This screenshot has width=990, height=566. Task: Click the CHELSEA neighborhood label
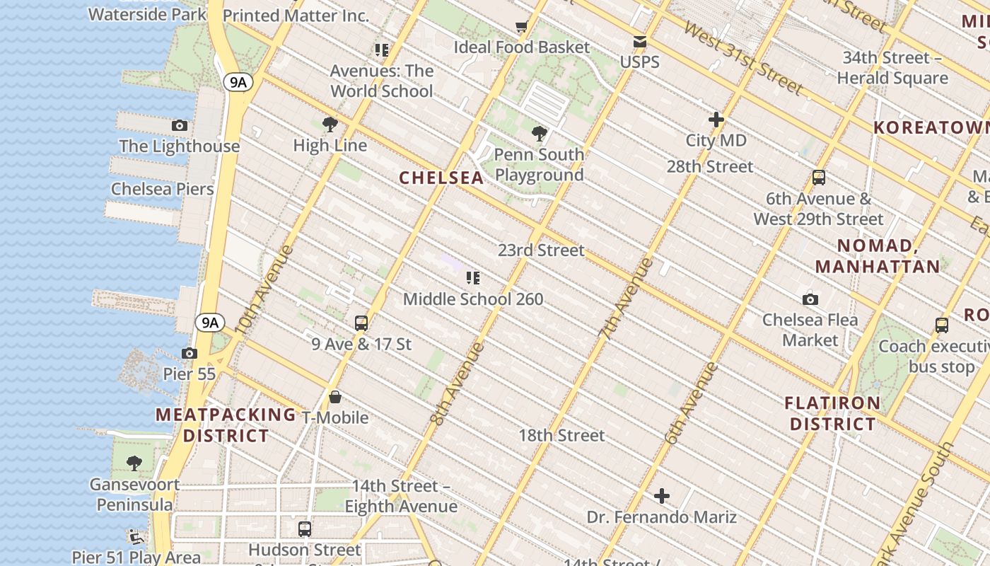point(441,178)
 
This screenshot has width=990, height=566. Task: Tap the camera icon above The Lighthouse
point(180,126)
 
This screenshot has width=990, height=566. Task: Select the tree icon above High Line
point(330,125)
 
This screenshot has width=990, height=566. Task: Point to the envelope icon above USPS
point(640,42)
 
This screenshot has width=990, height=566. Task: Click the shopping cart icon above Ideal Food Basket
point(522,27)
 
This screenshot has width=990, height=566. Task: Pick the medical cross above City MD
point(716,120)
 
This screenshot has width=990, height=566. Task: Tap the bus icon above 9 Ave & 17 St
point(361,323)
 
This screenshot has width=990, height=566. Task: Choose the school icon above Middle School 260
point(473,278)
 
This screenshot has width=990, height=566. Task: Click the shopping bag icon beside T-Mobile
point(335,397)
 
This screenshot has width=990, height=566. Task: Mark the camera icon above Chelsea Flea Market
point(810,299)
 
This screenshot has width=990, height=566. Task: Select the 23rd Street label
point(541,250)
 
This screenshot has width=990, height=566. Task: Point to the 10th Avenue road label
point(262,290)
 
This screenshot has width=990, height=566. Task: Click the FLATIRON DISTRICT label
point(832,413)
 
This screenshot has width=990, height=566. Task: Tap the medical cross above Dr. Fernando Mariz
point(662,496)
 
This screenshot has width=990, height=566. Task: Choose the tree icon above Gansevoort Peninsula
point(134,464)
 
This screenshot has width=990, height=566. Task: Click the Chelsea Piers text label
point(162,189)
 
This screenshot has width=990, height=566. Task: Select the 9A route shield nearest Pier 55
point(209,323)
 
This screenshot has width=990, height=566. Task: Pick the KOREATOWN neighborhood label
point(931,128)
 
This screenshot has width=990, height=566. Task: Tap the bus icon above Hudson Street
point(305,529)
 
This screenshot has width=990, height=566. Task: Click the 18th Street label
point(561,435)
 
